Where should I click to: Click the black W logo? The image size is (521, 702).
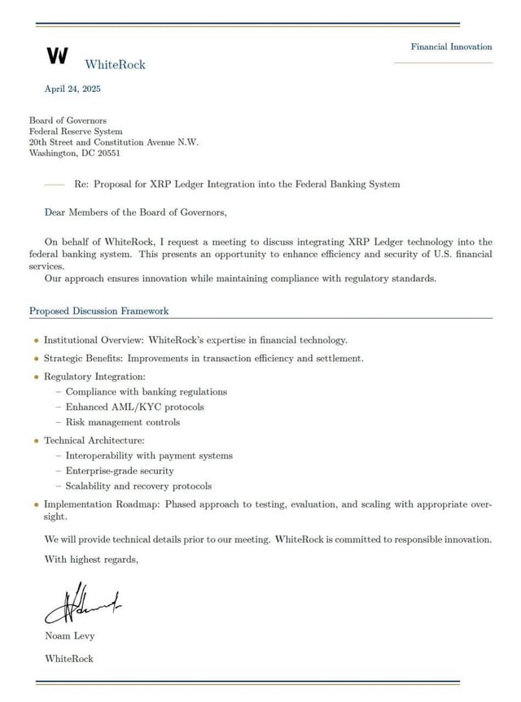click(57, 55)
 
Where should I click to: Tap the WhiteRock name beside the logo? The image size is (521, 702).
click(115, 64)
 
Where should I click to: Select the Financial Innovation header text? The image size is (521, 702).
click(451, 46)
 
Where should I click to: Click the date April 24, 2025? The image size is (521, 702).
click(72, 89)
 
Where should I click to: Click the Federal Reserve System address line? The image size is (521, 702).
click(76, 131)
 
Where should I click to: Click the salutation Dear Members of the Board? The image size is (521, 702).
click(136, 213)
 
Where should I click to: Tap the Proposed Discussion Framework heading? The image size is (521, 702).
click(99, 311)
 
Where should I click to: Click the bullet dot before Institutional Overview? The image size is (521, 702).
click(36, 340)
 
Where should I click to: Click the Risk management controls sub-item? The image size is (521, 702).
click(122, 422)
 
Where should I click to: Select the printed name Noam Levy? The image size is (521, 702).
click(70, 635)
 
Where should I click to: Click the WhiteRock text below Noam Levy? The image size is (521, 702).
click(69, 658)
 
